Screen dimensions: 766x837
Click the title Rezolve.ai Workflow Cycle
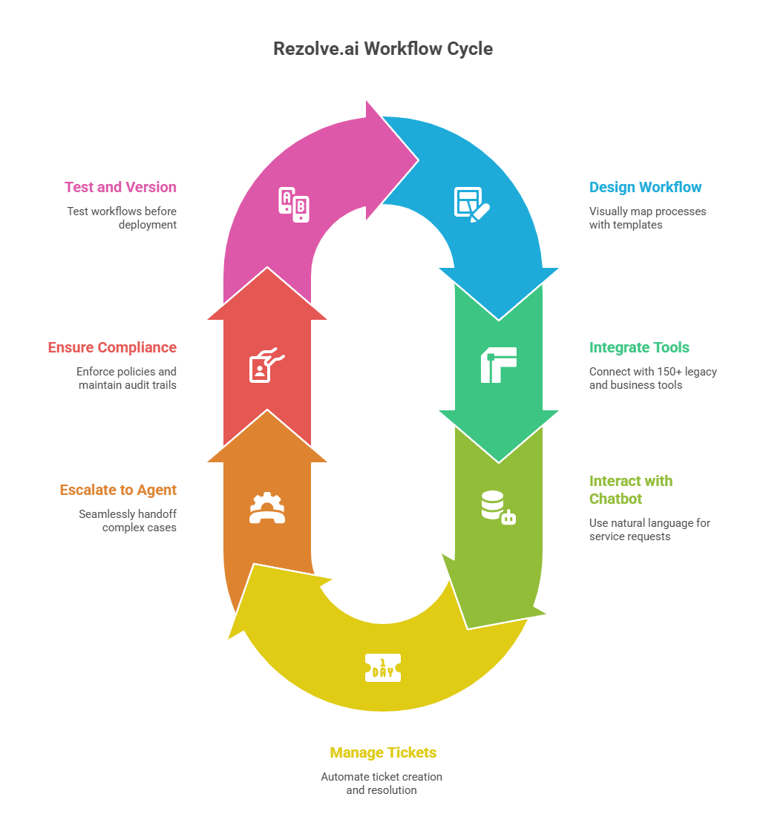pos(383,49)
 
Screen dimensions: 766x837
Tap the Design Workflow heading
pos(645,187)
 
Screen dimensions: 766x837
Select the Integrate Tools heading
pos(639,347)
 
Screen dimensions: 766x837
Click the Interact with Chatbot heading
pos(630,490)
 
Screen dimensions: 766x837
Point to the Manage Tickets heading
pos(383,752)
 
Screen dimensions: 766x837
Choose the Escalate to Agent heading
pos(118,490)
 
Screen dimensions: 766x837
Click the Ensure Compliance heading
pos(112,347)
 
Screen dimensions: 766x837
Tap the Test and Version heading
pos(120,187)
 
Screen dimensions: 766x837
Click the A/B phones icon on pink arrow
pos(293,205)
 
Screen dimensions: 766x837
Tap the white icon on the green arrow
pos(498,364)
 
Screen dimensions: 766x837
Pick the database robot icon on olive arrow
pos(498,508)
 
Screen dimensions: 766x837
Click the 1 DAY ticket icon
pos(383,667)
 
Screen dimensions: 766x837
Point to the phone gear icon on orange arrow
pos(267,508)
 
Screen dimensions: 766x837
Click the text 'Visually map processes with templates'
pos(647,218)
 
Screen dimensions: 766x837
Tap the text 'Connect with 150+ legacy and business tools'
pos(652,378)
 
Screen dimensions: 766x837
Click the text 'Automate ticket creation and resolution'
pos(382,784)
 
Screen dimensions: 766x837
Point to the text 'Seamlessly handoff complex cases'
pos(128,521)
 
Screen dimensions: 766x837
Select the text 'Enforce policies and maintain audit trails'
pos(126,378)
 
